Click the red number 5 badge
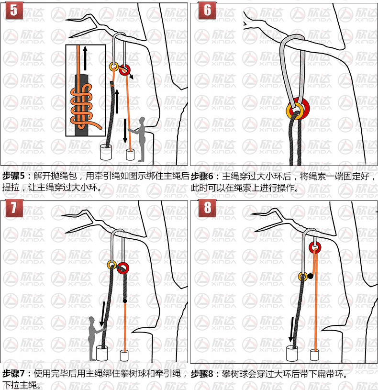click(14, 11)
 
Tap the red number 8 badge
click(207, 208)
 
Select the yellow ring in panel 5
click(114, 67)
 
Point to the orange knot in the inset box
click(82, 104)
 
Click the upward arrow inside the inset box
click(85, 58)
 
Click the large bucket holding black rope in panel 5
click(106, 152)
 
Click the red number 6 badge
click(207, 11)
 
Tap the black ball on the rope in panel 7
click(125, 301)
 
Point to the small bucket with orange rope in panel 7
click(124, 356)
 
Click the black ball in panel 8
click(311, 276)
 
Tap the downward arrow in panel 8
click(291, 330)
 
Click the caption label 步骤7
click(14, 373)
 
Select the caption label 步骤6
click(202, 177)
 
